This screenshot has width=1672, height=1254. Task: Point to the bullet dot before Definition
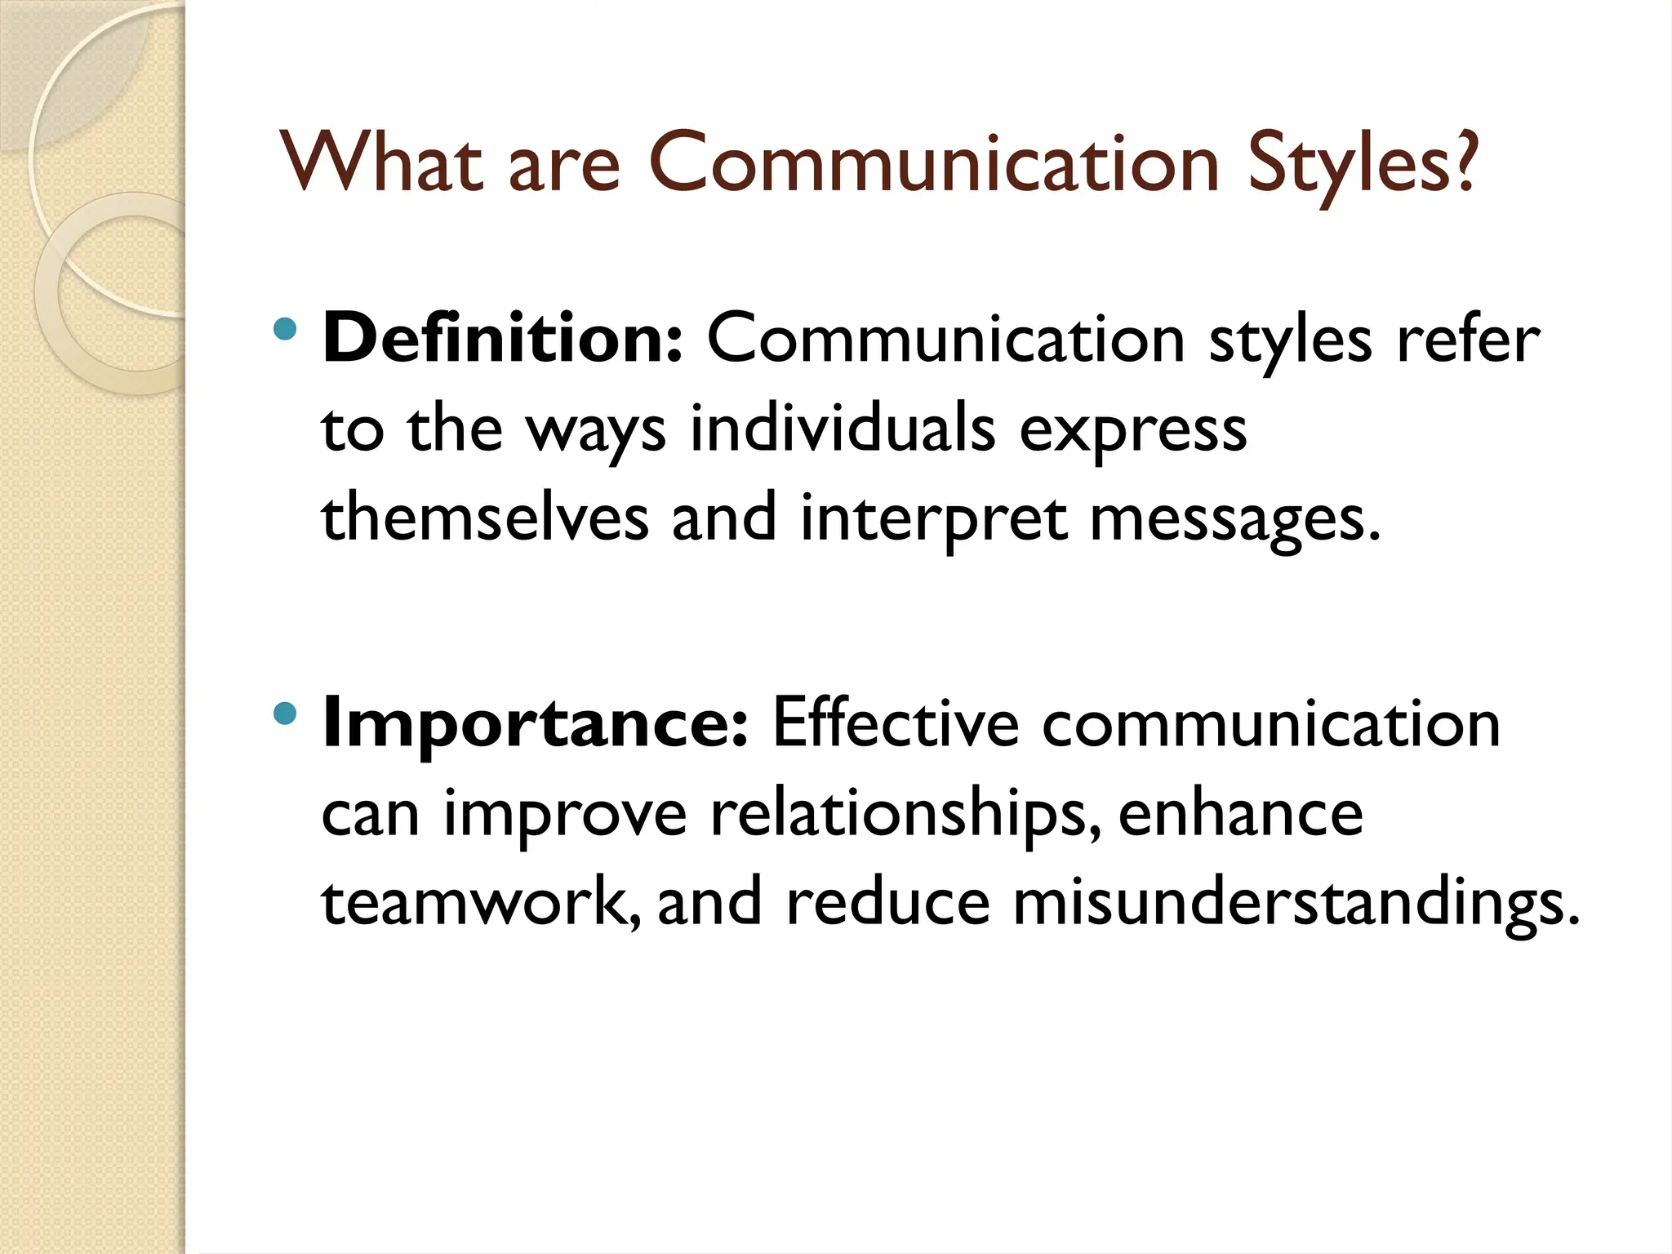pos(285,331)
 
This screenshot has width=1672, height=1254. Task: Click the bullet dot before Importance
pos(285,714)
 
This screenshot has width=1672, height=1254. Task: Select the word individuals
pos(843,428)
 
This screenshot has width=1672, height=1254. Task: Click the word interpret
pos(933,519)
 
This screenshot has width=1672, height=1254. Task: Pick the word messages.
pos(1235,519)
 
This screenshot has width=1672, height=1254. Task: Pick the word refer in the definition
pos(1468,338)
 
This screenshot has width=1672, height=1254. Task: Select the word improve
pos(565,815)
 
